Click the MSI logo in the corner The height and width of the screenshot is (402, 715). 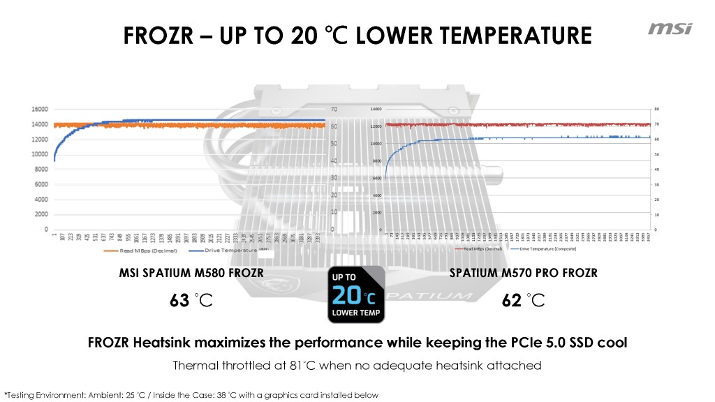coord(670,29)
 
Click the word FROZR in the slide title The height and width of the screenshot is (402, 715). coord(158,34)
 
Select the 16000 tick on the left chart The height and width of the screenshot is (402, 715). coord(39,109)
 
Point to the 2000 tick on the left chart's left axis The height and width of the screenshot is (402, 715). coord(40,214)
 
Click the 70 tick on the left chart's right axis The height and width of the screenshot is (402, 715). coord(334,110)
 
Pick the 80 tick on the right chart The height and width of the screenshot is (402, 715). coord(656,110)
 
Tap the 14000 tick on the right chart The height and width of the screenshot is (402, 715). coord(376,110)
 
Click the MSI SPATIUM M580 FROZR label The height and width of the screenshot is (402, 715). coord(192,273)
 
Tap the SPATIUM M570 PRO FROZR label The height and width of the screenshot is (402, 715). coord(524,273)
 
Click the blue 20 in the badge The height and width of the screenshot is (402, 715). coord(348,296)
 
